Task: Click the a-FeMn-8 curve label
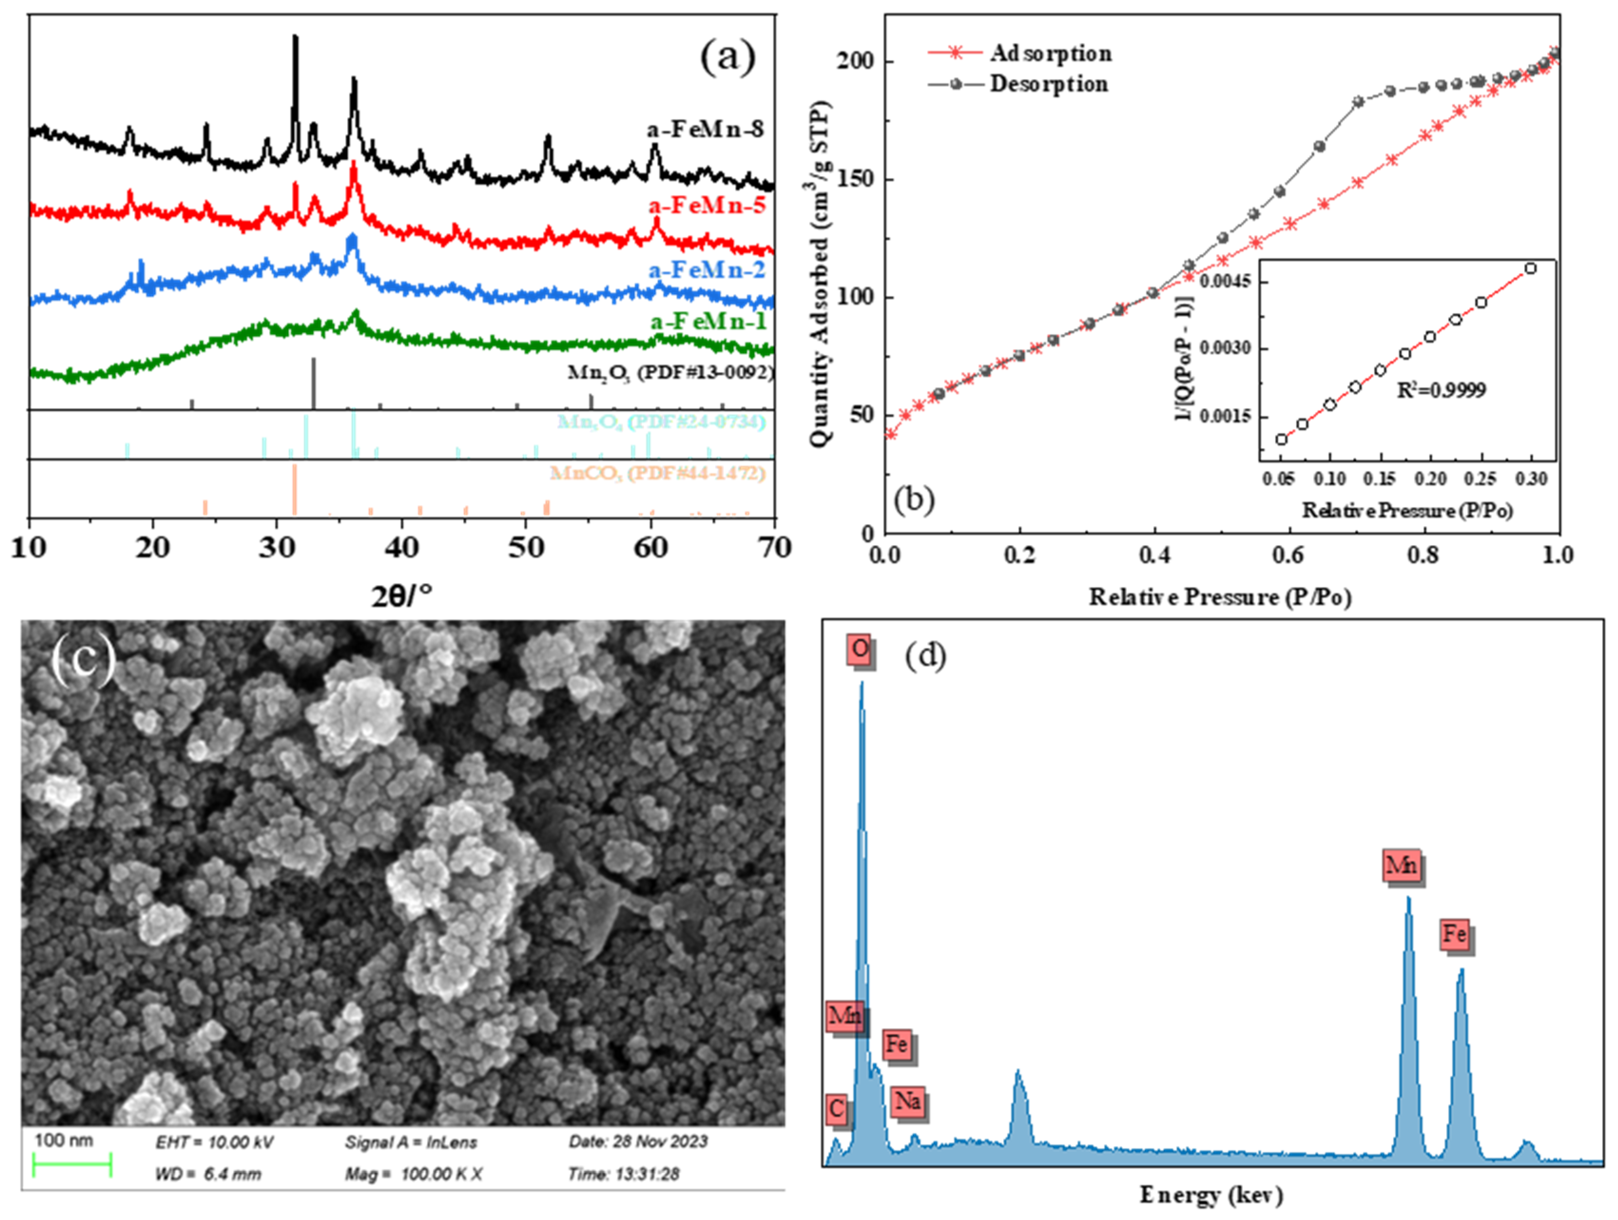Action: click(705, 129)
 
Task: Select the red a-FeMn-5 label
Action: click(707, 206)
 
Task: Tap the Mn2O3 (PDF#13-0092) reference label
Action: click(670, 372)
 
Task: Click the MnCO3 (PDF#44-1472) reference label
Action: click(657, 473)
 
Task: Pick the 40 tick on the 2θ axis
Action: click(401, 547)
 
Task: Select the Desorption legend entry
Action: click(1048, 84)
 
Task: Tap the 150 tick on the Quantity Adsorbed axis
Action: click(855, 180)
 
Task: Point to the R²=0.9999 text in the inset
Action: click(1441, 390)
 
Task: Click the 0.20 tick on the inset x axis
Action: click(1431, 479)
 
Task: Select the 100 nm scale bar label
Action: click(64, 1140)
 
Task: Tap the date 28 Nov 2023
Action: click(638, 1141)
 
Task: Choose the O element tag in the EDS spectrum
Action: click(860, 649)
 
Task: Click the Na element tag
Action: click(907, 1101)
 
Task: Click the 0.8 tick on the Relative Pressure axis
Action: click(1423, 555)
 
